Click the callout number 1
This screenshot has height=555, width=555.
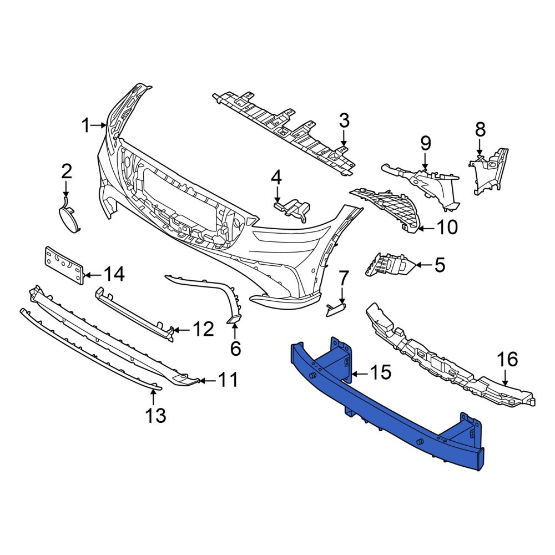pos(86,125)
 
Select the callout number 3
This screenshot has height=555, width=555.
pos(344,120)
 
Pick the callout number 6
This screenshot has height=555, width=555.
pos(235,349)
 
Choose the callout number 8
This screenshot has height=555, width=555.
pos(480,129)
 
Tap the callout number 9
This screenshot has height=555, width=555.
pos(426,143)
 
